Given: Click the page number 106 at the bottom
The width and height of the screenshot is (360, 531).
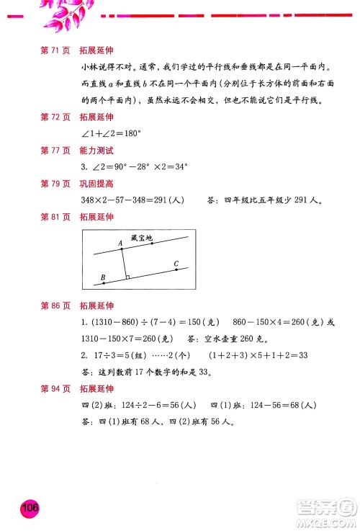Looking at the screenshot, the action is (30, 508).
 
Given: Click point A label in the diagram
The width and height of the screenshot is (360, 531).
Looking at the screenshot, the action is (120, 244).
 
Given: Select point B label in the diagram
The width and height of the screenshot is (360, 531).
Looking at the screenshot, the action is (103, 277).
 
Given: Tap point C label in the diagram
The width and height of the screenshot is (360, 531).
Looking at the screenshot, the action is (176, 264).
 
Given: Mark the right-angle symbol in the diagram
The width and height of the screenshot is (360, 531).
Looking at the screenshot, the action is (127, 277).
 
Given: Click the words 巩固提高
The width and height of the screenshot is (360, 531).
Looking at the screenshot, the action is (92, 184).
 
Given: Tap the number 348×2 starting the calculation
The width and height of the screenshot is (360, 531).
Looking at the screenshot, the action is (96, 200).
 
